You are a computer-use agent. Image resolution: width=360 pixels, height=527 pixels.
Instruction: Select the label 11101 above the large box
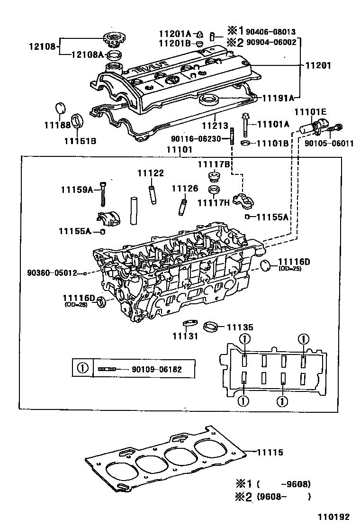coord(179,149)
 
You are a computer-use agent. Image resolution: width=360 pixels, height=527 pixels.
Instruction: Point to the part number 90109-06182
coord(157,369)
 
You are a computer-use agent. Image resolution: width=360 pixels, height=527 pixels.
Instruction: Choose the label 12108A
coord(87,55)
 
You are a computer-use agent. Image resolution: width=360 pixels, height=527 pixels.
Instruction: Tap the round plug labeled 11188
coord(60,108)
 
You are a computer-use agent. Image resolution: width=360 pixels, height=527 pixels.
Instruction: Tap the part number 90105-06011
coord(329,143)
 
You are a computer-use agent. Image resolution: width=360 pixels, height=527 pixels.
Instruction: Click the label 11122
coord(151,173)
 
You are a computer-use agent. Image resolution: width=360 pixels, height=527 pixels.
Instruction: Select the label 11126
coord(185,189)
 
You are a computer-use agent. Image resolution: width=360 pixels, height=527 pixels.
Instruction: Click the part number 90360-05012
coord(52,273)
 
